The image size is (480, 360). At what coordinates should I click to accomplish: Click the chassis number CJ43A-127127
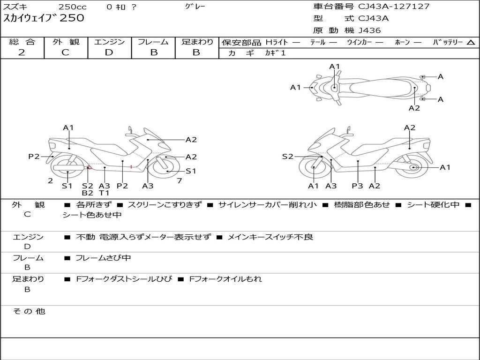tap(394, 7)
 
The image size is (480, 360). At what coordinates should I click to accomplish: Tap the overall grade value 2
tap(22, 52)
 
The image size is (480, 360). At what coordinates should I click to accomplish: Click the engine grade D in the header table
tap(109, 52)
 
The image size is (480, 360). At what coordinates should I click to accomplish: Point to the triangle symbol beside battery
tap(471, 43)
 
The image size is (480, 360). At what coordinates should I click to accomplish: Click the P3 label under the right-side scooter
tap(357, 186)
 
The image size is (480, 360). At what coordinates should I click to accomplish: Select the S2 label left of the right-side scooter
tap(287, 157)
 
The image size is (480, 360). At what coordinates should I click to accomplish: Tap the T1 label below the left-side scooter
tap(104, 193)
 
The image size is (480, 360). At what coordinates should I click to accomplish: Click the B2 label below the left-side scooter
tap(87, 193)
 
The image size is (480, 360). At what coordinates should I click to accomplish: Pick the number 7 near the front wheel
tap(180, 181)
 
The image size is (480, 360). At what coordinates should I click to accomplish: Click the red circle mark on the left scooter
tap(90, 167)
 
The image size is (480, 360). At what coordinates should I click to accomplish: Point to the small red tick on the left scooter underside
tap(131, 167)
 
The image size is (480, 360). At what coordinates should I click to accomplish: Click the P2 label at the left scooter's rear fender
tap(34, 157)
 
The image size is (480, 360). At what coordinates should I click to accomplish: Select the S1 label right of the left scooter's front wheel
tap(191, 171)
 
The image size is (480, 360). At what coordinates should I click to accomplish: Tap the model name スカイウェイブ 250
tap(44, 18)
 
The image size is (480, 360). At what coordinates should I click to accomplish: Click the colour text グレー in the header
tap(195, 7)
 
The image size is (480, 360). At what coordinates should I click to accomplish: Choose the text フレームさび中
tap(103, 258)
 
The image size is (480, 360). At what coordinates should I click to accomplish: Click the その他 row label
tap(29, 311)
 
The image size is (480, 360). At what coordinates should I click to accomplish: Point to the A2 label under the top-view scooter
tap(414, 108)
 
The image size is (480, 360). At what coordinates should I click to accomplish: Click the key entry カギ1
tap(275, 53)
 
